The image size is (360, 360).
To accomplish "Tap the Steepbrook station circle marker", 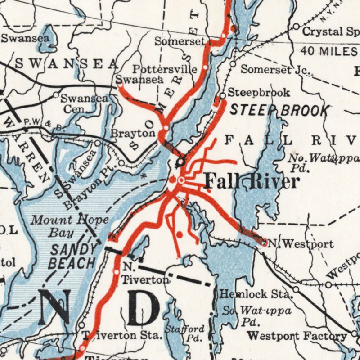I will [222, 96].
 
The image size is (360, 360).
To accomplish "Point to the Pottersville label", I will [165, 69].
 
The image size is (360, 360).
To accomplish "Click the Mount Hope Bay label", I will [70, 226].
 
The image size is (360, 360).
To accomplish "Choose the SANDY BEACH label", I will [73, 256].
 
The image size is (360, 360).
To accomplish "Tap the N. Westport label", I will [301, 244].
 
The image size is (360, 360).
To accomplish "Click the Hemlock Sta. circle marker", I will [296, 289].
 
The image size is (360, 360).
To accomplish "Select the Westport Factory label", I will [297, 336].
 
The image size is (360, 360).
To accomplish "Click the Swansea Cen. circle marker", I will [56, 95].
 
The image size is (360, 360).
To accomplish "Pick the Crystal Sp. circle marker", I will [296, 27].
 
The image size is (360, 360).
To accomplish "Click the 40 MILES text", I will [328, 51].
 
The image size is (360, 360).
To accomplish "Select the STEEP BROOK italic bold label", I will [279, 110].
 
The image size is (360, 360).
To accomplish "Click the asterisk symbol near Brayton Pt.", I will [144, 176].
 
